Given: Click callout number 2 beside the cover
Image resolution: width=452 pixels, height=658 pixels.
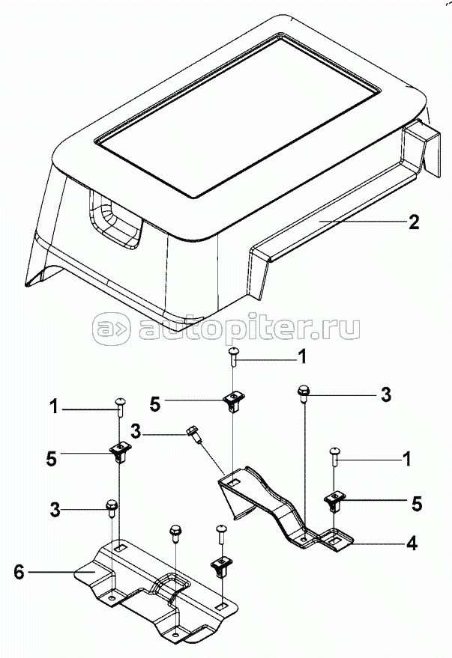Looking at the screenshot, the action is (414, 222).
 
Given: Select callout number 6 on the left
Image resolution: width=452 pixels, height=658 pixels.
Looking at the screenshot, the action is (19, 572).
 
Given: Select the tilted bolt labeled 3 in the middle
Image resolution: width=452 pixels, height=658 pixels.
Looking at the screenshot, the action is (196, 434).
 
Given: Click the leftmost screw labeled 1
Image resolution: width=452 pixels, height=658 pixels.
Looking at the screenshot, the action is (120, 406).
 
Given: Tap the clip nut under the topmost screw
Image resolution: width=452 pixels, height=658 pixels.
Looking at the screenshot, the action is (234, 400).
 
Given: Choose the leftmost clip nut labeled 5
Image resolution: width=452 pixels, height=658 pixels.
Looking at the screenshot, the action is (120, 452).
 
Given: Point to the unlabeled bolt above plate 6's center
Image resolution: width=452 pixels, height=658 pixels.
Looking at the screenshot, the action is (175, 533).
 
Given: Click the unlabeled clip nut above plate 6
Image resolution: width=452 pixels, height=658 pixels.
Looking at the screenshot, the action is (220, 567).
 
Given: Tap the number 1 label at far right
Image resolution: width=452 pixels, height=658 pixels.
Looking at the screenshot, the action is (406, 460).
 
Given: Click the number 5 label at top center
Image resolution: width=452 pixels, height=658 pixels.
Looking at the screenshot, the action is (155, 405).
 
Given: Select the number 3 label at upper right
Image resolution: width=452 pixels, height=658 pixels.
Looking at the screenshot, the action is (385, 395).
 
